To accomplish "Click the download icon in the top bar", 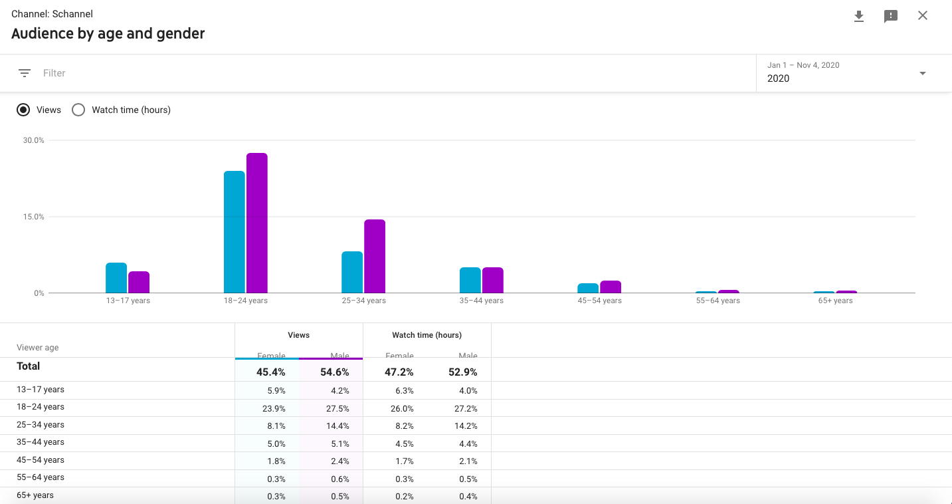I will [x=859, y=16].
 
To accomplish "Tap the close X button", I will [x=923, y=16].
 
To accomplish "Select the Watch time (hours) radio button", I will [x=78, y=110].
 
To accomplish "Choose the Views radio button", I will [x=23, y=110].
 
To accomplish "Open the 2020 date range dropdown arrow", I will [x=923, y=73].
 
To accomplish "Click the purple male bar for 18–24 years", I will [x=257, y=223].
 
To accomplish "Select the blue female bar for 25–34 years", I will [x=352, y=272].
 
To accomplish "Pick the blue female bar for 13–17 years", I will [x=116, y=278].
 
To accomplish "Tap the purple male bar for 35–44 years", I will [x=493, y=280].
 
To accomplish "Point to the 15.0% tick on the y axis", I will [x=33, y=217].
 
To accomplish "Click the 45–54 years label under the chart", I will [x=599, y=301].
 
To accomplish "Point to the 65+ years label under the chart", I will [x=835, y=301].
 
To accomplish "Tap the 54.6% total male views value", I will [x=335, y=372].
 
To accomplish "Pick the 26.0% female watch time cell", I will [x=402, y=408].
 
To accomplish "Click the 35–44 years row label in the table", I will [x=41, y=442].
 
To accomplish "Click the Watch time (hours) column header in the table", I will [x=427, y=335].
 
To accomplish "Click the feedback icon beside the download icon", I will [x=891, y=17].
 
